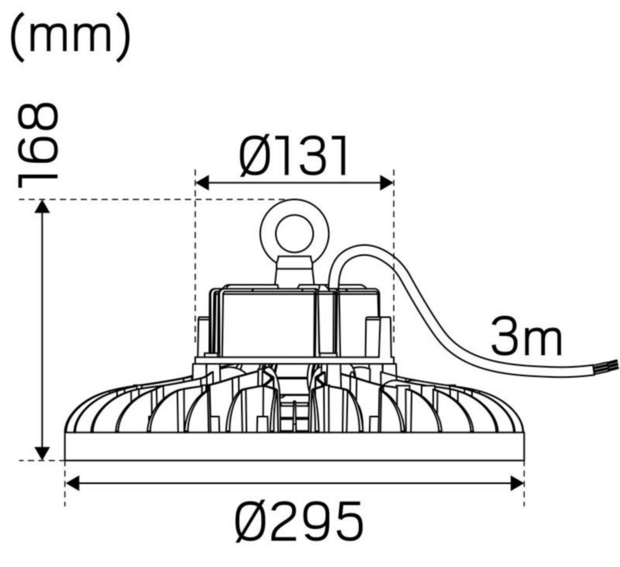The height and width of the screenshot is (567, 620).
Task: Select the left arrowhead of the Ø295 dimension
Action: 72,483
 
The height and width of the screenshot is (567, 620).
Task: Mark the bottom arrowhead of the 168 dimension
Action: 42,453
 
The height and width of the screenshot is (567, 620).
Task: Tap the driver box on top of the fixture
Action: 269,320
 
